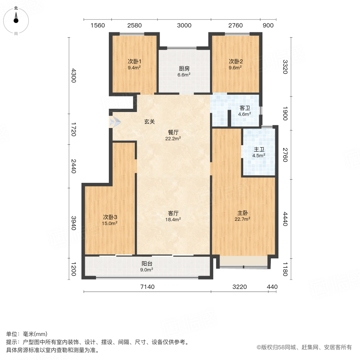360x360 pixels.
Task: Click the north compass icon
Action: pyautogui.click(x=16, y=20)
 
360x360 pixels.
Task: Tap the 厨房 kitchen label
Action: pyautogui.click(x=184, y=68)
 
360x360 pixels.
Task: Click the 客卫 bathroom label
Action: pyautogui.click(x=244, y=108)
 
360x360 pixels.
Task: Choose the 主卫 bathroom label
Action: pyautogui.click(x=259, y=150)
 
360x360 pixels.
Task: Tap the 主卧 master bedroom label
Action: pyautogui.click(x=242, y=213)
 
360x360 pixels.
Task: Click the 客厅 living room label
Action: pyautogui.click(x=173, y=213)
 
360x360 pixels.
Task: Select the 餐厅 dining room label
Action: pyautogui.click(x=173, y=132)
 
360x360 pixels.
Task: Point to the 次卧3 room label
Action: pyautogui.click(x=110, y=217)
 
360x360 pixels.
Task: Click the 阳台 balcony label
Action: pyautogui.click(x=146, y=264)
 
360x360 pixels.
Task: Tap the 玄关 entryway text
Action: pyautogui.click(x=149, y=122)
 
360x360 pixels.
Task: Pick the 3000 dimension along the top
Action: pyautogui.click(x=184, y=26)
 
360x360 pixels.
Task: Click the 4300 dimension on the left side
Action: pyautogui.click(x=73, y=75)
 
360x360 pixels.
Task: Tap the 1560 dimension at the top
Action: pyautogui.click(x=98, y=26)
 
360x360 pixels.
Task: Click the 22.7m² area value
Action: pyautogui.click(x=242, y=219)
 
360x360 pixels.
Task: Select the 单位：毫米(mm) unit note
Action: pyautogui.click(x=27, y=334)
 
